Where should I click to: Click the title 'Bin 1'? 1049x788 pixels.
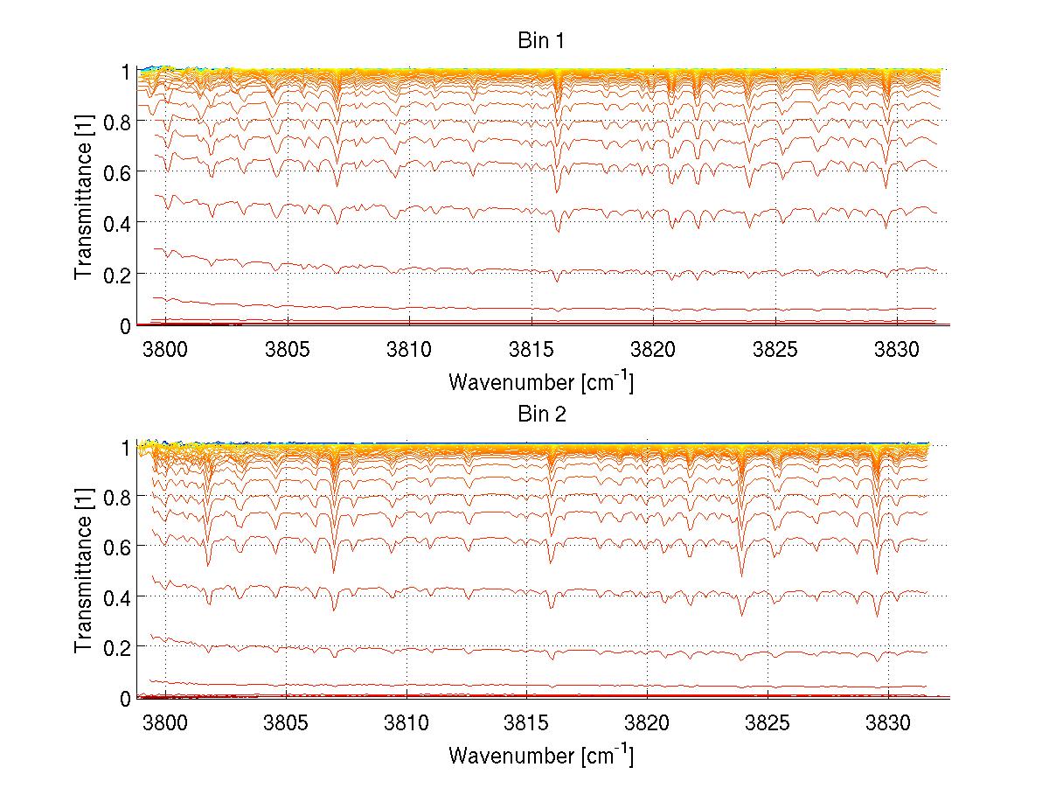coord(541,40)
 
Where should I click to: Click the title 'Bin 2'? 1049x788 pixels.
coord(541,414)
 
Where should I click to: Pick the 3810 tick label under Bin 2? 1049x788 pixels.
coord(406,723)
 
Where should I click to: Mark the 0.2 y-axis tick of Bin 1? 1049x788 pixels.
coord(116,275)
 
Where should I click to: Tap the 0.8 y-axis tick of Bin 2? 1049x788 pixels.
coord(116,496)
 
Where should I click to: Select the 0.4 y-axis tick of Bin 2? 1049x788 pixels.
coord(116,596)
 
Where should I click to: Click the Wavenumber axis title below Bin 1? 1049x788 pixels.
coord(541,381)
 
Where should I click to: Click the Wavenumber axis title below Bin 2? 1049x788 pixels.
coord(541,754)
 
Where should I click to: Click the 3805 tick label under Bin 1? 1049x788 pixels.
coord(288,351)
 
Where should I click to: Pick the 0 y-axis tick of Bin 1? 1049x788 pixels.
coord(126,325)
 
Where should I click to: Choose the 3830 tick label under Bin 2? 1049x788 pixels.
coord(888,723)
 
